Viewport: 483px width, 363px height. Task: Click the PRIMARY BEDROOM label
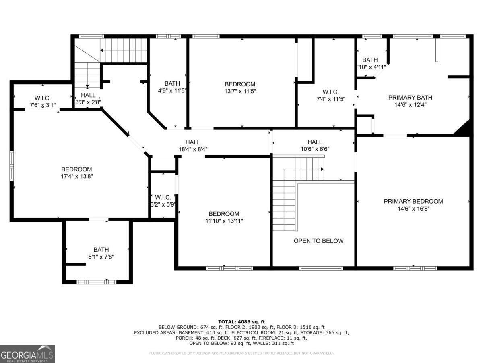(x=413, y=201)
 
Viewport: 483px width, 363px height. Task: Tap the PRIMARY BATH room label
(x=410, y=98)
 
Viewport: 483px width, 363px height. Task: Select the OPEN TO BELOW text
(x=318, y=241)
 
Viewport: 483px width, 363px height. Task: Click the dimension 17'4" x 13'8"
(x=76, y=176)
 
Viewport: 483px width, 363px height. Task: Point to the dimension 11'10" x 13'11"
(x=224, y=221)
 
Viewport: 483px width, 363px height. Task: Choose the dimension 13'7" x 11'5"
(x=240, y=91)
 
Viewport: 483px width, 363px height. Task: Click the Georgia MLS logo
(x=27, y=354)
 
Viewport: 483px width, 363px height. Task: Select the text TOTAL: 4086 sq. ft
(x=241, y=321)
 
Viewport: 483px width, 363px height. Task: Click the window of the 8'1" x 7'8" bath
(x=97, y=282)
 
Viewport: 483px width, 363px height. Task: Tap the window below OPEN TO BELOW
(x=321, y=268)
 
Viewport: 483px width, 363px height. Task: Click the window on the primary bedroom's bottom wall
(x=415, y=268)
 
